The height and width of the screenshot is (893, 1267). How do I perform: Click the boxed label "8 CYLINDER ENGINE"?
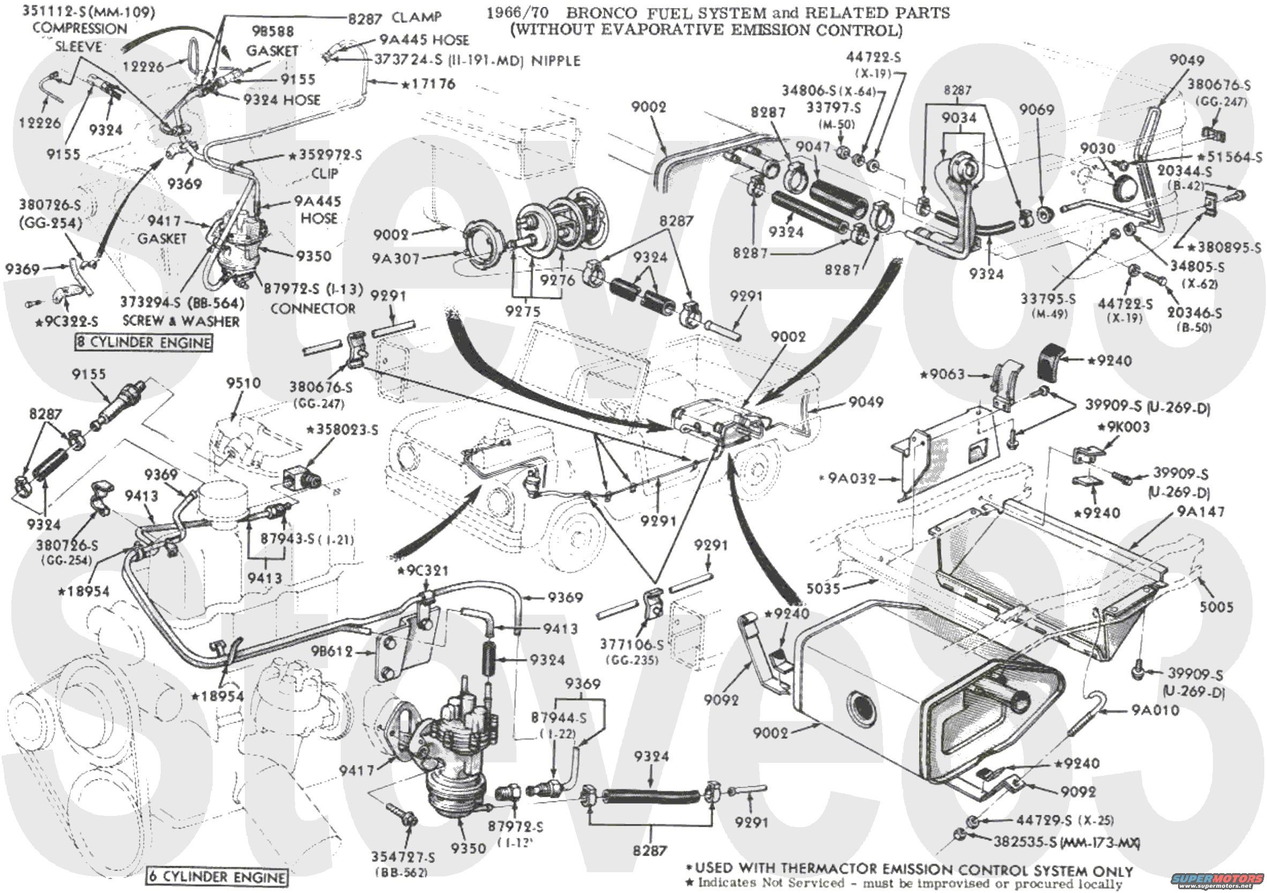tap(144, 343)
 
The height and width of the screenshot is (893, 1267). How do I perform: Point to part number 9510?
tap(243, 383)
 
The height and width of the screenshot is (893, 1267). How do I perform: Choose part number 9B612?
tap(331, 652)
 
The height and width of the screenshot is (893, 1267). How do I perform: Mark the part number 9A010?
tap(1156, 710)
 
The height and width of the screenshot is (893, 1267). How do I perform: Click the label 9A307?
tap(396, 258)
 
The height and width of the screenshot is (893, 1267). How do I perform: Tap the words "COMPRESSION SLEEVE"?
tap(79, 37)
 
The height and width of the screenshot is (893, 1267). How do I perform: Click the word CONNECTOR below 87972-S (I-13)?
tap(313, 308)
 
